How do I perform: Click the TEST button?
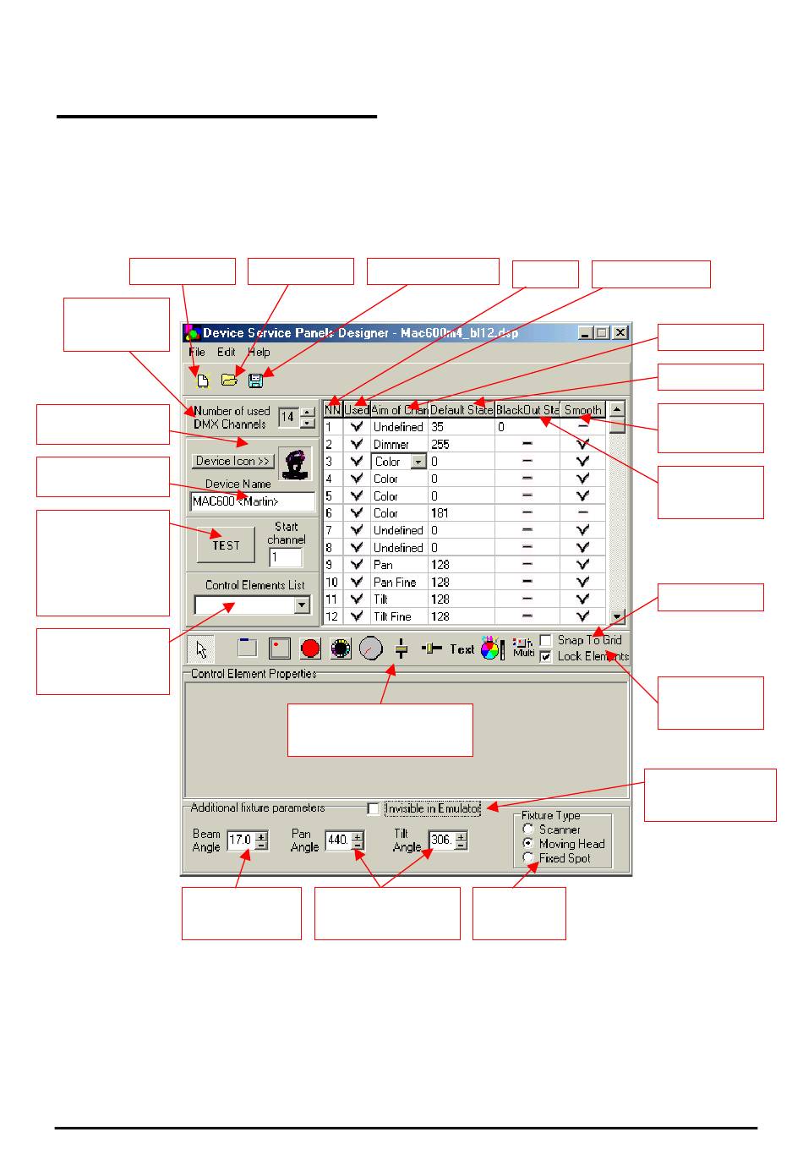click(226, 545)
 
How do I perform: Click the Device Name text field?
click(253, 501)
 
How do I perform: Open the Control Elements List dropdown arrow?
click(302, 605)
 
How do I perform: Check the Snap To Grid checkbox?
click(546, 640)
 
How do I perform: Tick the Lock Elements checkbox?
click(546, 656)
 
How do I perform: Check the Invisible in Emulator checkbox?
click(374, 809)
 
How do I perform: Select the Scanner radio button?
click(528, 829)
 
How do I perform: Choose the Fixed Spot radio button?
click(528, 858)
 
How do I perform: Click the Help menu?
click(259, 352)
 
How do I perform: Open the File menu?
click(197, 352)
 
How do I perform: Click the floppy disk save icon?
click(255, 380)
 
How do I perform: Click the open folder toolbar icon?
click(228, 380)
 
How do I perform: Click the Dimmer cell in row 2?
click(391, 445)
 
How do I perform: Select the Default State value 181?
click(440, 513)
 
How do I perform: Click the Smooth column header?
click(582, 410)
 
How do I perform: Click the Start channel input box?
click(286, 558)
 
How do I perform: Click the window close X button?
click(620, 333)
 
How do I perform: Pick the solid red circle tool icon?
click(310, 649)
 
